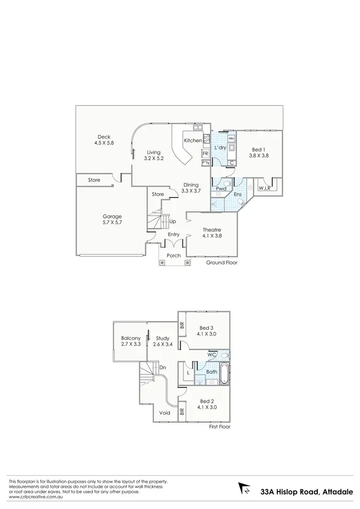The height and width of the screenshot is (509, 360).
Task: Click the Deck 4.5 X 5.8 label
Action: coord(104,139)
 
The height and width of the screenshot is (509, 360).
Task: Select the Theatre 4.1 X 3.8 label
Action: coord(212,232)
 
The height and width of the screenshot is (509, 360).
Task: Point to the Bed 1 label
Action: coord(258,152)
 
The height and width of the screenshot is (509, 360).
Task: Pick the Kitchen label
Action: coord(192,141)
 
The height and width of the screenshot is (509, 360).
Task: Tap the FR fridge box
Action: coord(205,154)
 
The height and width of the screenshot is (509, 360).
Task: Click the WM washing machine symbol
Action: coord(231,138)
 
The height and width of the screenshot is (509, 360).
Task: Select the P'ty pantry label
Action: coord(205,163)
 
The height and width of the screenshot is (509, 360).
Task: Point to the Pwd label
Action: coord(221,189)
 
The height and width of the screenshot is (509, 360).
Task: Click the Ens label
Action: coord(237,194)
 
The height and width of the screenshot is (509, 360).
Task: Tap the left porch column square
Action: coord(163,263)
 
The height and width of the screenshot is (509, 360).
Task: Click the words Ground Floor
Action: coord(222,263)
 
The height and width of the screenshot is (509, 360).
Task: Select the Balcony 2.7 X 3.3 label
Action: coord(131,341)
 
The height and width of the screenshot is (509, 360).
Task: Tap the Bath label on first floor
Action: coord(212,372)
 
